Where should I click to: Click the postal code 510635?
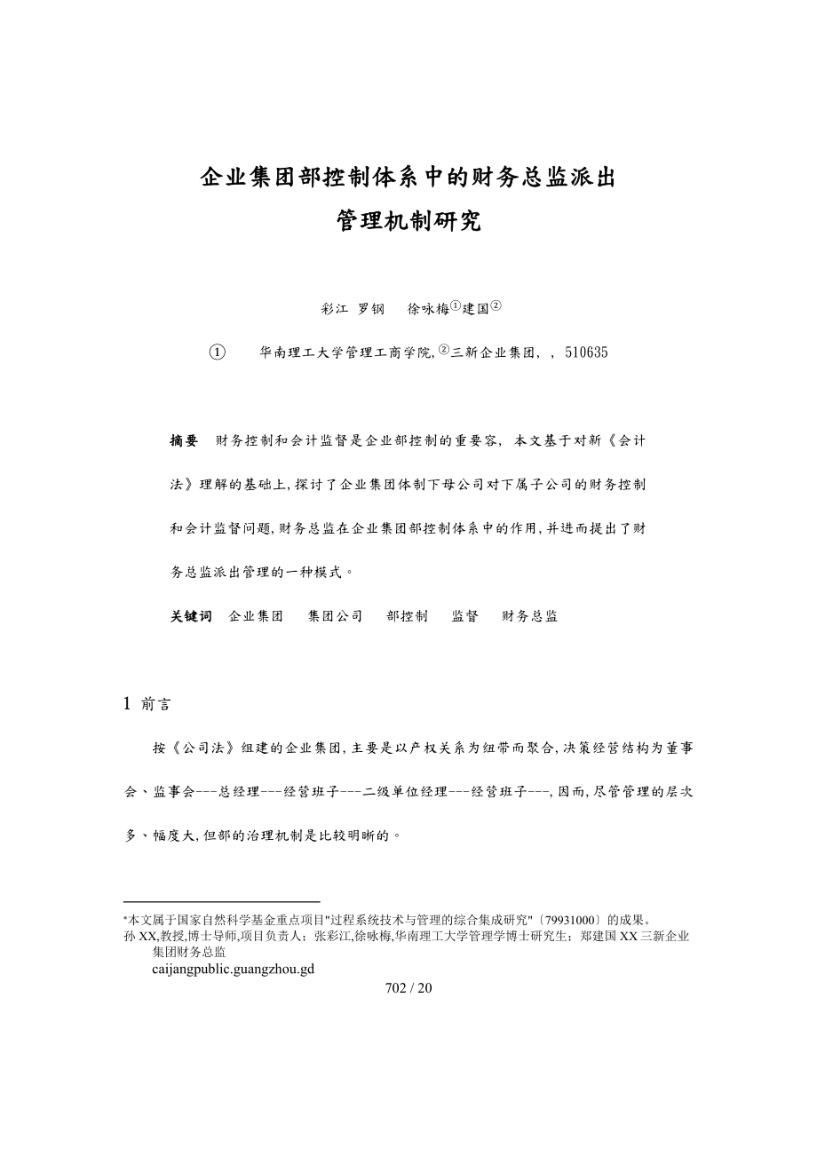click(x=586, y=352)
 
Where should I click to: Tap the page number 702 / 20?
click(x=408, y=988)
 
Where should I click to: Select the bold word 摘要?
click(x=184, y=440)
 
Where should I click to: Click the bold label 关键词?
click(x=191, y=616)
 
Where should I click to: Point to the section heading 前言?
click(x=156, y=704)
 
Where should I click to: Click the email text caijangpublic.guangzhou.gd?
click(x=234, y=969)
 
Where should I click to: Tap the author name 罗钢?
click(x=371, y=309)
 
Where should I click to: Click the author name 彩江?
click(x=334, y=309)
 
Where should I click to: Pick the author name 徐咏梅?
click(x=428, y=309)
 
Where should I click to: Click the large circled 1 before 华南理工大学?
click(x=217, y=352)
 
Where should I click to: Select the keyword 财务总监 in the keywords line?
click(x=530, y=616)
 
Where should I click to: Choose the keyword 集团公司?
click(x=335, y=616)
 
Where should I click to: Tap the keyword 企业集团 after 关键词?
click(x=256, y=616)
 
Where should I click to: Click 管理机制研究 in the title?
click(x=408, y=221)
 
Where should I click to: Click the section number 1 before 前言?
click(x=127, y=704)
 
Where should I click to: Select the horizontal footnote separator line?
click(x=221, y=901)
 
